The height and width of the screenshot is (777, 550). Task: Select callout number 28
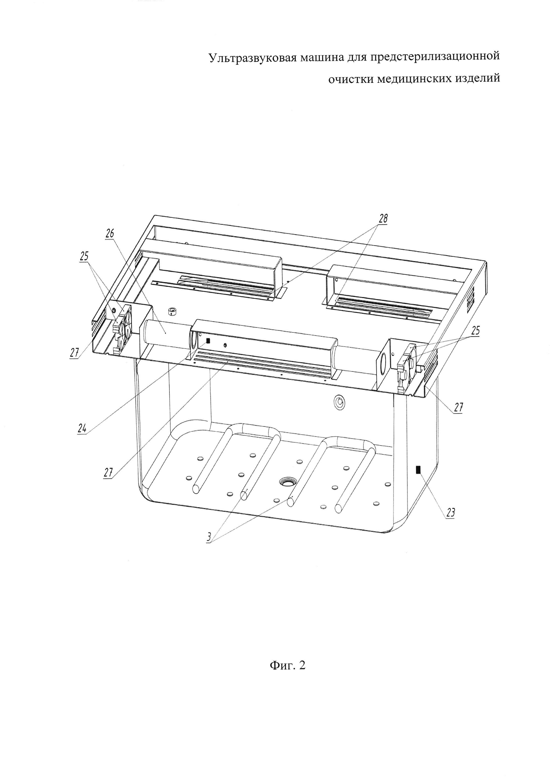click(x=383, y=219)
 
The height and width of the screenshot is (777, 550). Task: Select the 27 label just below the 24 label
click(x=108, y=473)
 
